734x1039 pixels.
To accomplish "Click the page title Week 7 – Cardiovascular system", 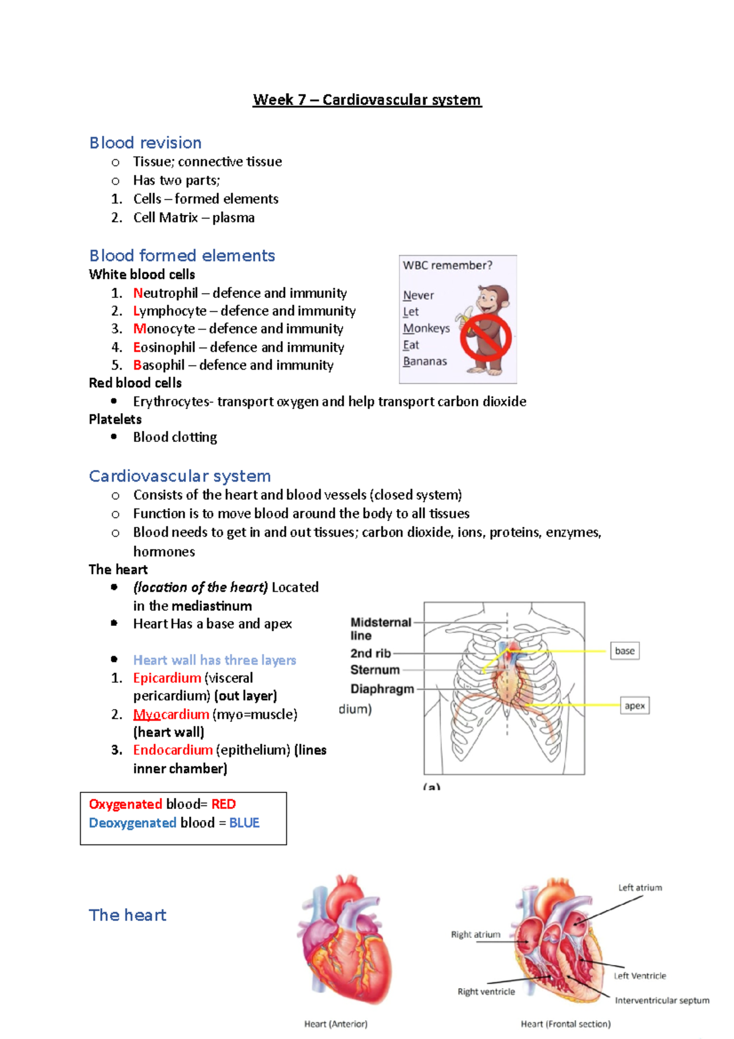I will (x=367, y=100).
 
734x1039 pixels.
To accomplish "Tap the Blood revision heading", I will (x=146, y=143).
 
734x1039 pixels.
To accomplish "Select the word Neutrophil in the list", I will (x=166, y=293).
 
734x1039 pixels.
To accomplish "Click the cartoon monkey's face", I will (x=490, y=300).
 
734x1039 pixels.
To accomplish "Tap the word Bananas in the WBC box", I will (x=424, y=361).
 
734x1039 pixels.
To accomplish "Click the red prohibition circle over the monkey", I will (x=486, y=337).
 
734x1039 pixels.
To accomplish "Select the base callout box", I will (x=625, y=650).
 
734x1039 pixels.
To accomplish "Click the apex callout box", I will (x=634, y=706).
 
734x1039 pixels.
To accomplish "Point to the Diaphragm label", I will (x=382, y=689).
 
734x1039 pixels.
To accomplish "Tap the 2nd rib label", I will (x=370, y=654).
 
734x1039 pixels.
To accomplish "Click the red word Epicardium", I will (x=167, y=678).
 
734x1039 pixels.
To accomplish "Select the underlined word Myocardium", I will (x=171, y=714).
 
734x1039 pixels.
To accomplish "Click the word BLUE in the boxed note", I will (x=244, y=823).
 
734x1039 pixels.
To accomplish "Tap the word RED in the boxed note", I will (x=223, y=804).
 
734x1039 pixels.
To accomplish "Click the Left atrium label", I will (x=640, y=887).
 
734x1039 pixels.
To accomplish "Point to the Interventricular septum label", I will (x=662, y=1000).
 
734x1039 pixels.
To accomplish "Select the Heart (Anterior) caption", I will (x=336, y=1024).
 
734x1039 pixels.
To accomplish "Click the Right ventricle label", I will (x=486, y=991).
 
